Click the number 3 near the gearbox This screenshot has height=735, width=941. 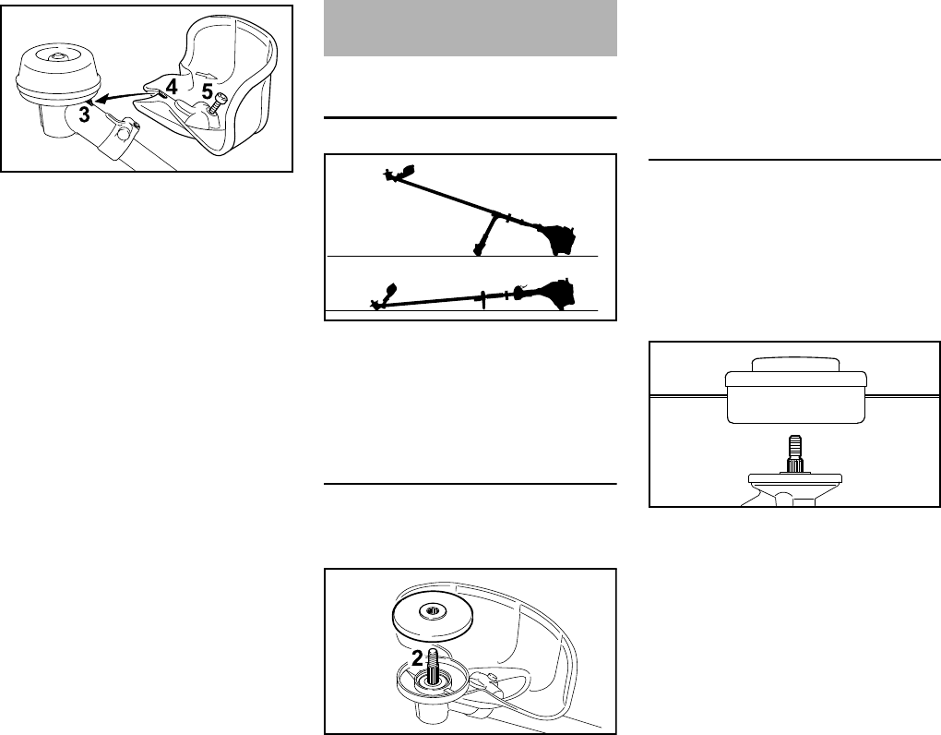point(85,114)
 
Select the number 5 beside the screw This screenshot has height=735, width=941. point(208,90)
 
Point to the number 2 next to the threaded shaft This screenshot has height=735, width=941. point(417,658)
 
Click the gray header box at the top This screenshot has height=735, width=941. point(470,28)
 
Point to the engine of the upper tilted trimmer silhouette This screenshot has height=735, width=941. point(558,239)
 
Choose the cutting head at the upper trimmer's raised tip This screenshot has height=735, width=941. point(398,174)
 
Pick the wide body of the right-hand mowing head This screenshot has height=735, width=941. point(794,398)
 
